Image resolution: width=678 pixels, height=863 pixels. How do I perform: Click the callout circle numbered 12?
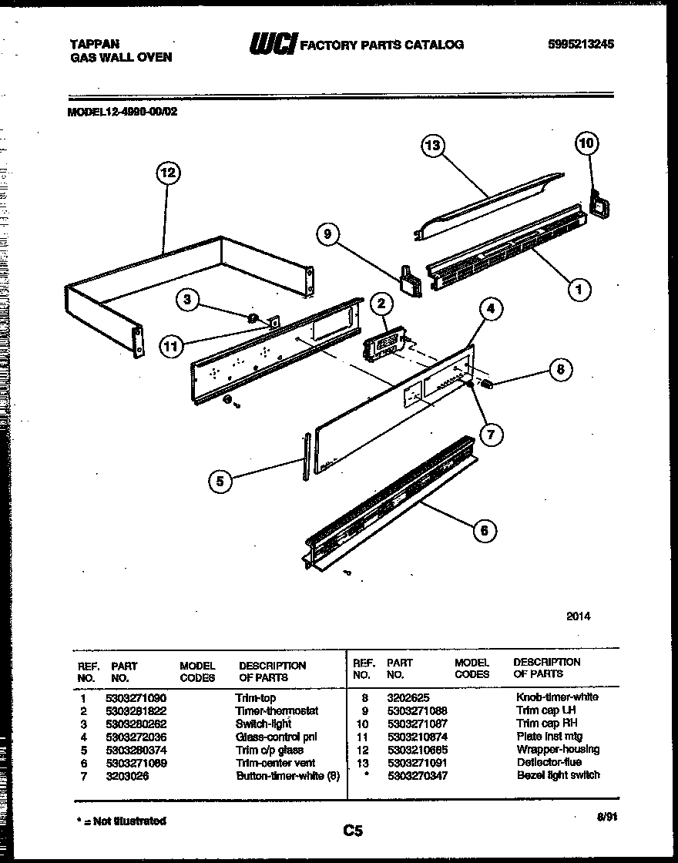(167, 173)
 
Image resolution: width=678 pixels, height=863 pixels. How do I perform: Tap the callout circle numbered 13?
(434, 146)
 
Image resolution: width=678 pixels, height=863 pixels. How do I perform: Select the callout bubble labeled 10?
(587, 143)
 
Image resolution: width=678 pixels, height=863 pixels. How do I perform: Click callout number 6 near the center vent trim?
(483, 530)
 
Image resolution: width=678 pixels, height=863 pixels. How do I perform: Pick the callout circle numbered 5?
(220, 481)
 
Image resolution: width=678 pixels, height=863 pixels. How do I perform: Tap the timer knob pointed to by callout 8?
(487, 383)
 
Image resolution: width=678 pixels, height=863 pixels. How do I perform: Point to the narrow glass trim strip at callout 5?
(307, 454)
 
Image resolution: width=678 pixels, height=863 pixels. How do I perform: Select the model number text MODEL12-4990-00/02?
(123, 111)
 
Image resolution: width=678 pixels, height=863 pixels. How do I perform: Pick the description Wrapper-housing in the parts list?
(558, 749)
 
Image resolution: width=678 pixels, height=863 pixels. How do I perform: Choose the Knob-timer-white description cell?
(556, 697)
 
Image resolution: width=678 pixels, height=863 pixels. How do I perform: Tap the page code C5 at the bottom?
(353, 831)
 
